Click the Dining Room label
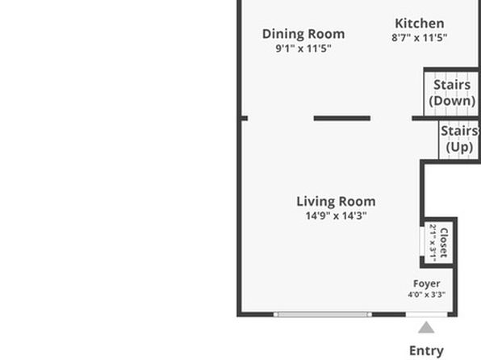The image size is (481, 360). pos(303,34)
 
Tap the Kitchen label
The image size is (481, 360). pos(420,23)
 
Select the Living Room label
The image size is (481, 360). pos(336,202)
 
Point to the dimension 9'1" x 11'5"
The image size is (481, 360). pos(303,48)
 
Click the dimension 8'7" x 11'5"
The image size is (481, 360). pos(420,38)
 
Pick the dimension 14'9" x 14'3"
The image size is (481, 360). pos(336,216)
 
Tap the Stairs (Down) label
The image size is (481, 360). pos(452,93)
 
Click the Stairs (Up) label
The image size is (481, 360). pos(459,139)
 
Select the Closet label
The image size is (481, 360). pos(444,242)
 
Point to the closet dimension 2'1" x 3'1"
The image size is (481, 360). pos(433,243)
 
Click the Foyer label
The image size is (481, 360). pos(426,284)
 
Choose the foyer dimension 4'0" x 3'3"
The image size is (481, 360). pos(426,295)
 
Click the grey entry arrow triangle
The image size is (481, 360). pos(426,328)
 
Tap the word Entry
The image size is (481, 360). pos(426,350)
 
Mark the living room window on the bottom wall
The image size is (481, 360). pos(322,314)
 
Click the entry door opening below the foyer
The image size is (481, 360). pos(426,314)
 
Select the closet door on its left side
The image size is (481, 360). pos(422,241)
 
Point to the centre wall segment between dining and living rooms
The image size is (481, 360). pos(342,118)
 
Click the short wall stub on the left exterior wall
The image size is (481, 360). pos(245,118)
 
